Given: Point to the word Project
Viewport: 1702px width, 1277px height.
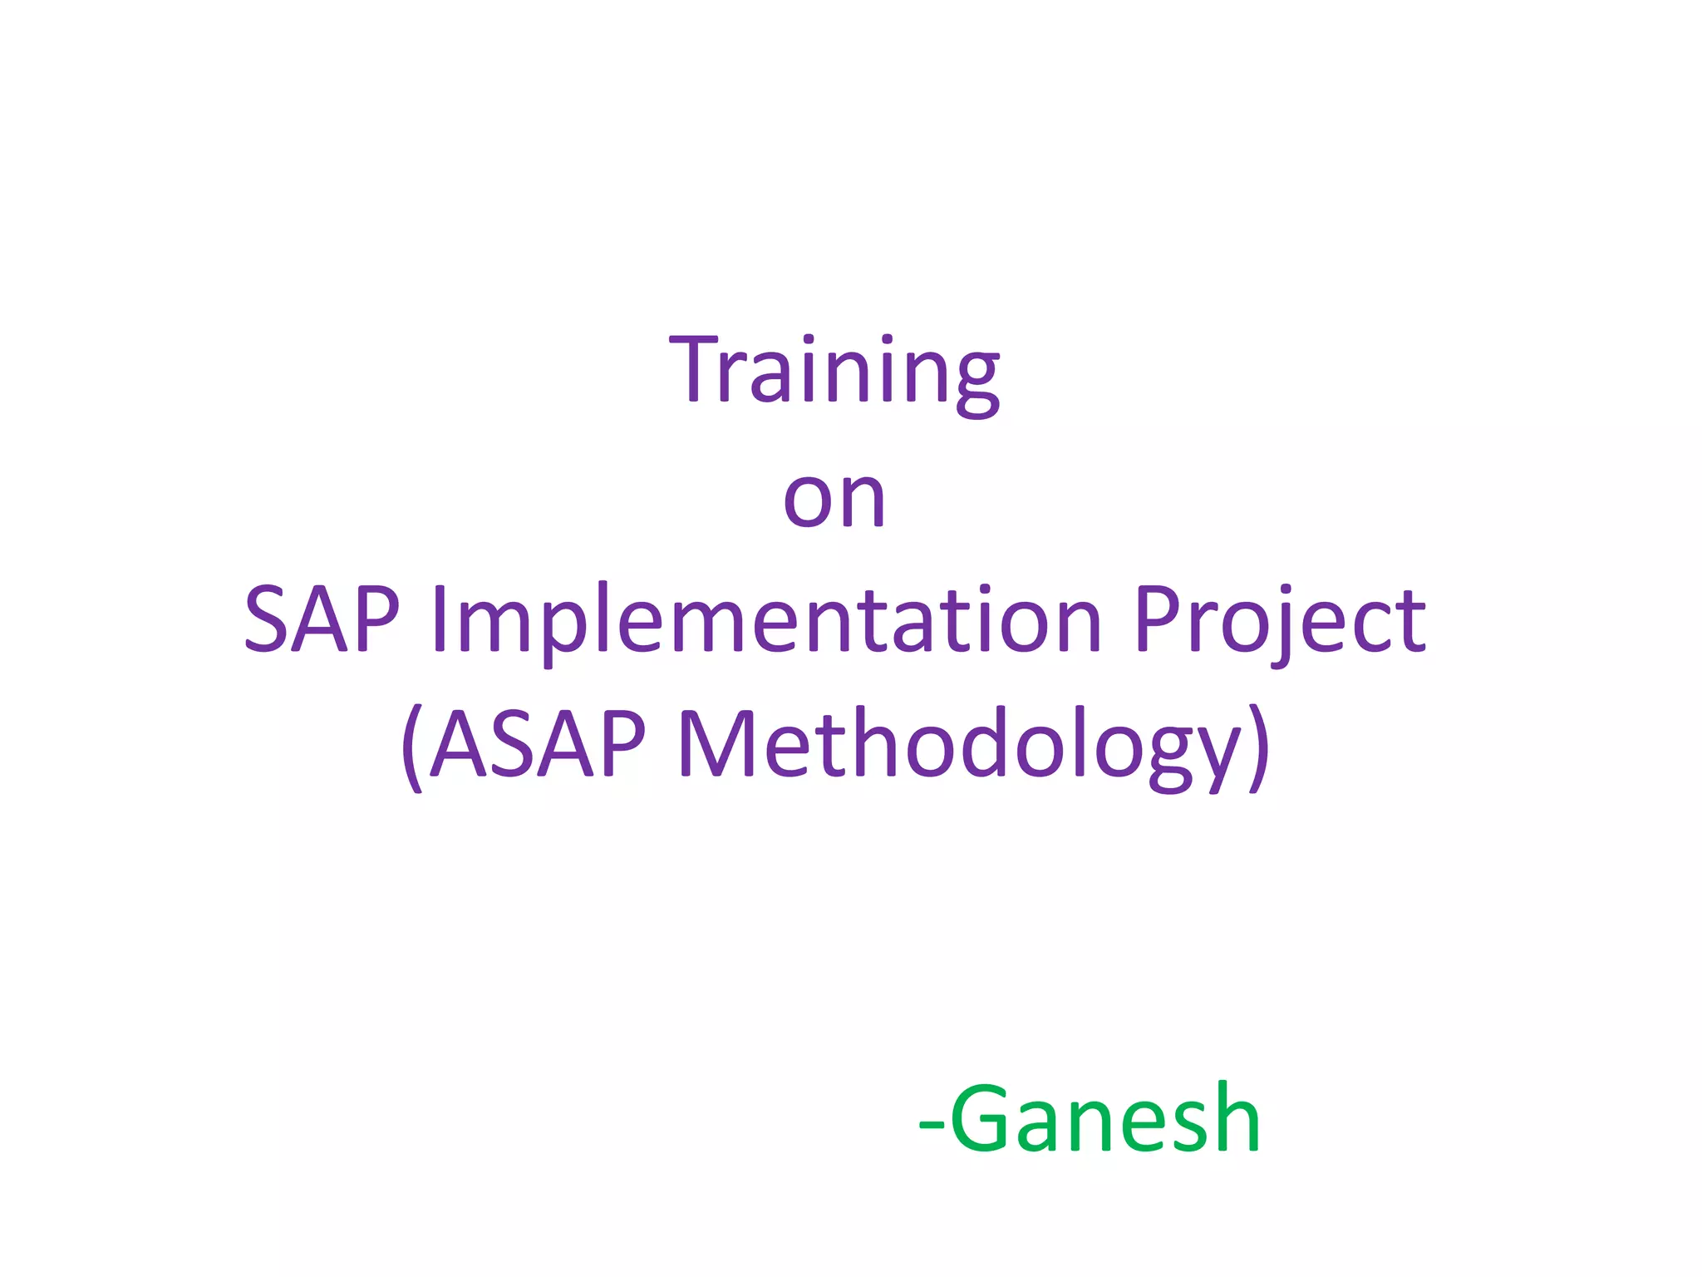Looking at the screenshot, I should point(1280,619).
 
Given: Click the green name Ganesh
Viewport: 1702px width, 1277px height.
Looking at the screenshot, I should point(1105,1119).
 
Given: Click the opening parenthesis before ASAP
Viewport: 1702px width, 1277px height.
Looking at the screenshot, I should point(411,746).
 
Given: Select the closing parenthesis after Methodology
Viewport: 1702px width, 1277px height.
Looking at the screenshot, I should point(1259,746).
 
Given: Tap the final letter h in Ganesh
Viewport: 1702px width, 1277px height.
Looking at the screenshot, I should point(1236,1119).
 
